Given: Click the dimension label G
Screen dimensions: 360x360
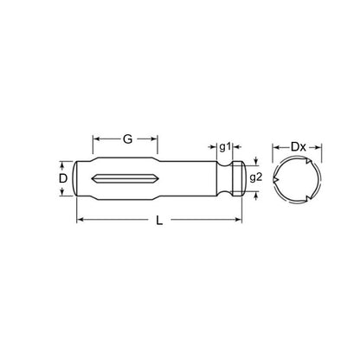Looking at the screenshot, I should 127,138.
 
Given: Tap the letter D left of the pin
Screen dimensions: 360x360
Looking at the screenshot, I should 62,177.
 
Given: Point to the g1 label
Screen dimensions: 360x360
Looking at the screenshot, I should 224,147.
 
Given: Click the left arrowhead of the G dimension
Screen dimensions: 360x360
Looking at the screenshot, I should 96,138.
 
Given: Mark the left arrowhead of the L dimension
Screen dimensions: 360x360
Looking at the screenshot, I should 80,221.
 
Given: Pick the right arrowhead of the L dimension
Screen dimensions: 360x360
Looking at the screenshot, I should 240,221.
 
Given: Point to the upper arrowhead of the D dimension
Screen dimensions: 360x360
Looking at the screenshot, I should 62,163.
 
